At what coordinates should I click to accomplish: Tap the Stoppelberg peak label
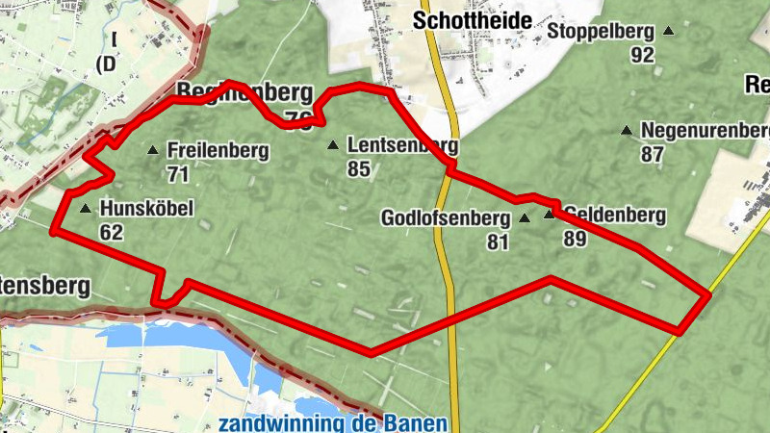click(x=601, y=31)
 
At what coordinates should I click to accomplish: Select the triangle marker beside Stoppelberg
click(x=669, y=32)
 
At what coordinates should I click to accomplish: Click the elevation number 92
click(x=643, y=55)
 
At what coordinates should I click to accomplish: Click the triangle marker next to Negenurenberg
click(x=627, y=130)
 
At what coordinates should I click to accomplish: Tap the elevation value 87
click(x=653, y=154)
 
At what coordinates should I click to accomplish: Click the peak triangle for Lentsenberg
click(x=333, y=146)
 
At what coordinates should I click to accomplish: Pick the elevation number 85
click(x=359, y=169)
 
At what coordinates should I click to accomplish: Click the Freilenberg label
click(x=218, y=151)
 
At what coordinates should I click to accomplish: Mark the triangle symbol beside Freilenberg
click(x=152, y=150)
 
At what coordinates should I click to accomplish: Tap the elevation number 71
click(x=177, y=174)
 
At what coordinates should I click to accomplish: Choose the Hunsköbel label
click(x=146, y=208)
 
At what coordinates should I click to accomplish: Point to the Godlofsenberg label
click(x=444, y=218)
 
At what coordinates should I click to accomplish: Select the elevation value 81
click(x=497, y=242)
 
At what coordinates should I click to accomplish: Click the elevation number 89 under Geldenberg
click(x=576, y=239)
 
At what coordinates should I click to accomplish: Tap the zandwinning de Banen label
click(x=332, y=423)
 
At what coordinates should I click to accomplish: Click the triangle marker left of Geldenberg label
click(x=550, y=215)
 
